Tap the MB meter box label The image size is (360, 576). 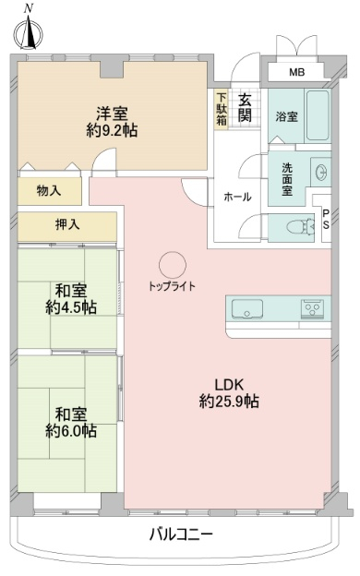coord(297,72)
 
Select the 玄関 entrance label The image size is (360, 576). coord(245,108)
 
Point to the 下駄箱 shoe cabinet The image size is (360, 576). coord(222,109)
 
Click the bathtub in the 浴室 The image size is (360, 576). coord(318,115)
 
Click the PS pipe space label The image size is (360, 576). coord(326,220)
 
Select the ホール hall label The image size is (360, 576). coord(237,198)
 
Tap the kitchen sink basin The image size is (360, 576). coord(246,308)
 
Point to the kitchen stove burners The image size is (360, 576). coord(313,307)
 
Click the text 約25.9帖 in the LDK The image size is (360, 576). coord(229,402)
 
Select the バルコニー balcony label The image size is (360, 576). coord(181,534)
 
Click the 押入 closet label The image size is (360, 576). coord(67,224)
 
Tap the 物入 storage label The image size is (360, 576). coord(49,190)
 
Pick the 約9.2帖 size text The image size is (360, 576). coord(112,130)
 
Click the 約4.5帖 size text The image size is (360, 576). coord(71,307)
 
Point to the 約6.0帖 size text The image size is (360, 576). coord(71,430)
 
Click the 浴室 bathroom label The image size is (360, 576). coord(286,117)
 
